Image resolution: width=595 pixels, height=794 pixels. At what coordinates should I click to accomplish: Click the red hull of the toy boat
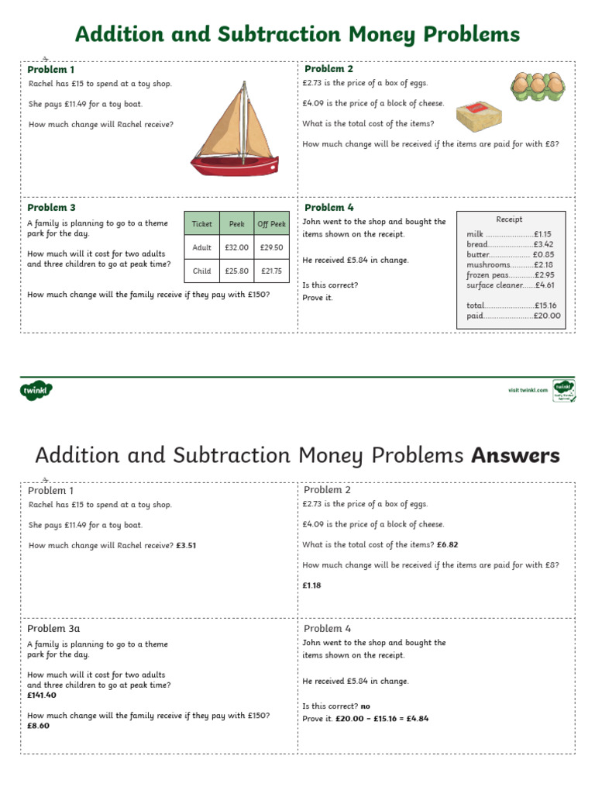click(x=234, y=165)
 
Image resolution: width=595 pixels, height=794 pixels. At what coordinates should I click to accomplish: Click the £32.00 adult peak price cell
click(x=236, y=247)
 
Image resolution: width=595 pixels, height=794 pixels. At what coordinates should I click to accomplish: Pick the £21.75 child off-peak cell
click(x=272, y=271)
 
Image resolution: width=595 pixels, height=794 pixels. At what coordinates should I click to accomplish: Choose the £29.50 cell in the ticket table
click(x=272, y=247)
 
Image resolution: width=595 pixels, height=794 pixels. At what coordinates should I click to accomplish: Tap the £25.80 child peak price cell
click(x=236, y=271)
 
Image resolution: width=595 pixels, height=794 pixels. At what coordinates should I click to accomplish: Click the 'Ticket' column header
click(x=201, y=224)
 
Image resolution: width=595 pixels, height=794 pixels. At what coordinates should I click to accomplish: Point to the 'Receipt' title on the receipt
click(x=509, y=219)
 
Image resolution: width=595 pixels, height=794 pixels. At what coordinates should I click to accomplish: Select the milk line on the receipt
click(x=508, y=234)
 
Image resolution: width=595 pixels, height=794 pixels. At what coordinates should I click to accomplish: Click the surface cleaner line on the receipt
click(x=510, y=285)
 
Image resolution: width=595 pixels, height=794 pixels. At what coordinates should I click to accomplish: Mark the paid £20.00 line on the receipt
click(x=513, y=316)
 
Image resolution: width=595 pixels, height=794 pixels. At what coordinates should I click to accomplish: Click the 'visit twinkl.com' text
click(x=528, y=390)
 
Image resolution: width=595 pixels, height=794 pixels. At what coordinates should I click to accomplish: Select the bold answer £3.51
click(x=186, y=545)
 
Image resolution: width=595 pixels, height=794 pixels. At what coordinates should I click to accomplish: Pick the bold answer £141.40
click(x=42, y=695)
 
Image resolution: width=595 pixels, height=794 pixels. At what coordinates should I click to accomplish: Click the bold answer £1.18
click(x=311, y=585)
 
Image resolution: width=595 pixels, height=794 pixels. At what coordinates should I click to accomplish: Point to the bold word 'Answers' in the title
click(x=515, y=456)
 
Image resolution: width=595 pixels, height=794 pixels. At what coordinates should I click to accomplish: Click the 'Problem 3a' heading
click(x=53, y=629)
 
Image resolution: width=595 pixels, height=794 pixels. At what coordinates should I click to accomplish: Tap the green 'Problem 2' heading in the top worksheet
click(x=328, y=69)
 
